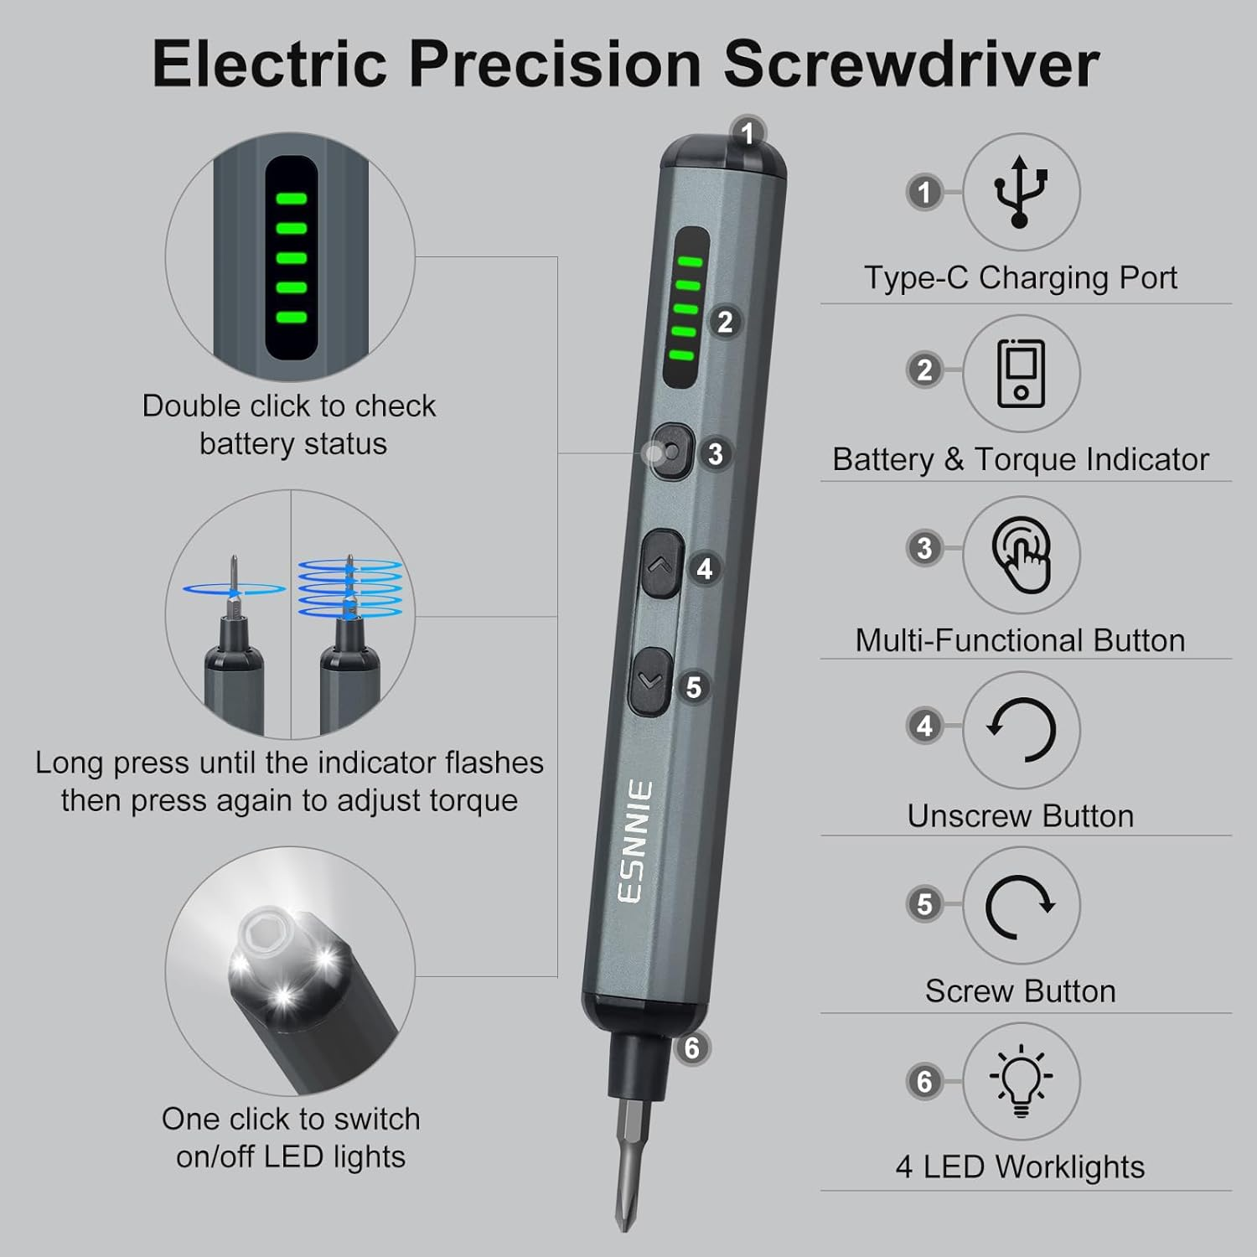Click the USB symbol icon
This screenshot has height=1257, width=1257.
pyautogui.click(x=1020, y=192)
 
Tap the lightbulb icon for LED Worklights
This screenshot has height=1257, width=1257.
pyautogui.click(x=1021, y=1081)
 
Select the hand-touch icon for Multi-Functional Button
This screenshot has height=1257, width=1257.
pyautogui.click(x=1021, y=554)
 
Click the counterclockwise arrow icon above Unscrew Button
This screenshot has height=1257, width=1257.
pyautogui.click(x=1021, y=729)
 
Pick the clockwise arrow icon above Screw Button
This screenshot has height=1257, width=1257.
pyautogui.click(x=1021, y=906)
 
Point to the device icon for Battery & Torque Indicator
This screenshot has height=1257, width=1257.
pyautogui.click(x=1021, y=373)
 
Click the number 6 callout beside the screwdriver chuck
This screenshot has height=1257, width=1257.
pyautogui.click(x=691, y=1047)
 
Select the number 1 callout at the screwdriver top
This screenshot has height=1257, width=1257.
pyautogui.click(x=747, y=133)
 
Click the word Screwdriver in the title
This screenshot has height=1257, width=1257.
pyautogui.click(x=911, y=64)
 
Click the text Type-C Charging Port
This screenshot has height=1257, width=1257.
pyautogui.click(x=1020, y=277)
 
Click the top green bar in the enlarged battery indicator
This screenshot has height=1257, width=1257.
pyautogui.click(x=292, y=199)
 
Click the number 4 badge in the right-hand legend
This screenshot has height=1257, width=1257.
pyautogui.click(x=924, y=726)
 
